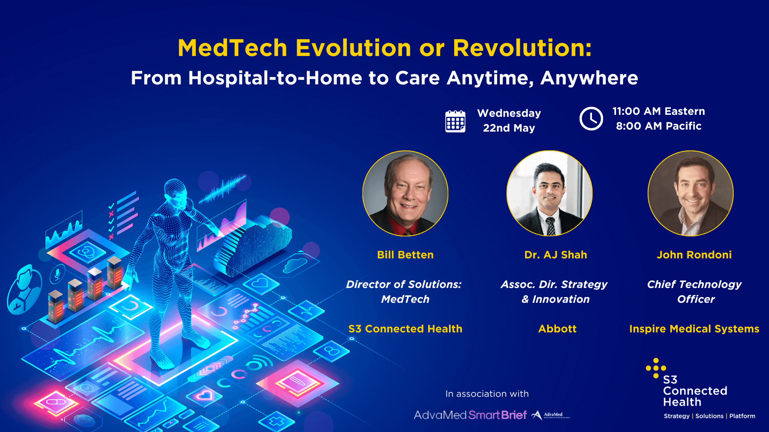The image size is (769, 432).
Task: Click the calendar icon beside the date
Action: coord(455,121)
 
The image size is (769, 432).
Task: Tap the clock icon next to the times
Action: coord(591,118)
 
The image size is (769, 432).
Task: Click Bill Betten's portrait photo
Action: coord(405,194)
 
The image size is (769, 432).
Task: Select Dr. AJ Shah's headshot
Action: coord(550,194)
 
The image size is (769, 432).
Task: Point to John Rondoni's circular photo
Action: coord(690,194)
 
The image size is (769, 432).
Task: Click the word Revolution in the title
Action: coord(522,48)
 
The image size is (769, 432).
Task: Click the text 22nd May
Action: coord(509,128)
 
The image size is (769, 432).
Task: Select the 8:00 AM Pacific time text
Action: coord(658,126)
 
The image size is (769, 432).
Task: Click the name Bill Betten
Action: coord(405,255)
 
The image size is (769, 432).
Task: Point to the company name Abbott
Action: coord(557,329)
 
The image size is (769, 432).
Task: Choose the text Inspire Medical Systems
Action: coord(694,329)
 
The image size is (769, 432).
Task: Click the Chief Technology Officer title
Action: coord(694,292)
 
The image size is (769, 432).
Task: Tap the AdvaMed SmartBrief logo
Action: coord(470,415)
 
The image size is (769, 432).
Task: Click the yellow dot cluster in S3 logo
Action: coord(656,368)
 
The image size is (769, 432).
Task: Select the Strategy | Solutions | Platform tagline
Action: coord(709,416)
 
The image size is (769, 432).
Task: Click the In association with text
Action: coord(487,394)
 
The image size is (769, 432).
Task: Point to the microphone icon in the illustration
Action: coord(57,274)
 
